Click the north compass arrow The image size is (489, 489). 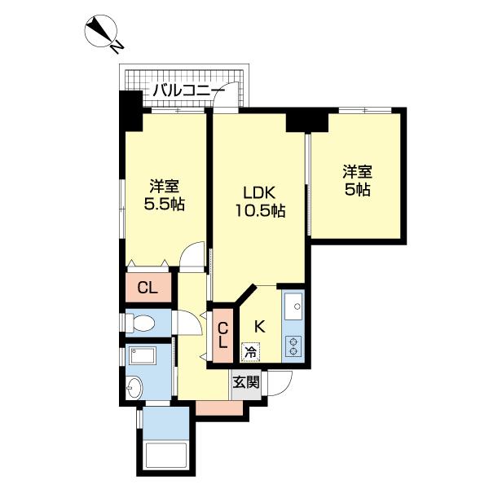pos(103,33)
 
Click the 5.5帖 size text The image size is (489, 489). pos(164,204)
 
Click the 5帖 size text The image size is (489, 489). pos(357,191)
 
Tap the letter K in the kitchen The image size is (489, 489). pos(260,326)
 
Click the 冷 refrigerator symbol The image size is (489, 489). pos(252,353)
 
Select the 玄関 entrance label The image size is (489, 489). pos(247,381)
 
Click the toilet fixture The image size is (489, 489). pos(140,323)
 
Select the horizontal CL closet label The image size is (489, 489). pos(148,287)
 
